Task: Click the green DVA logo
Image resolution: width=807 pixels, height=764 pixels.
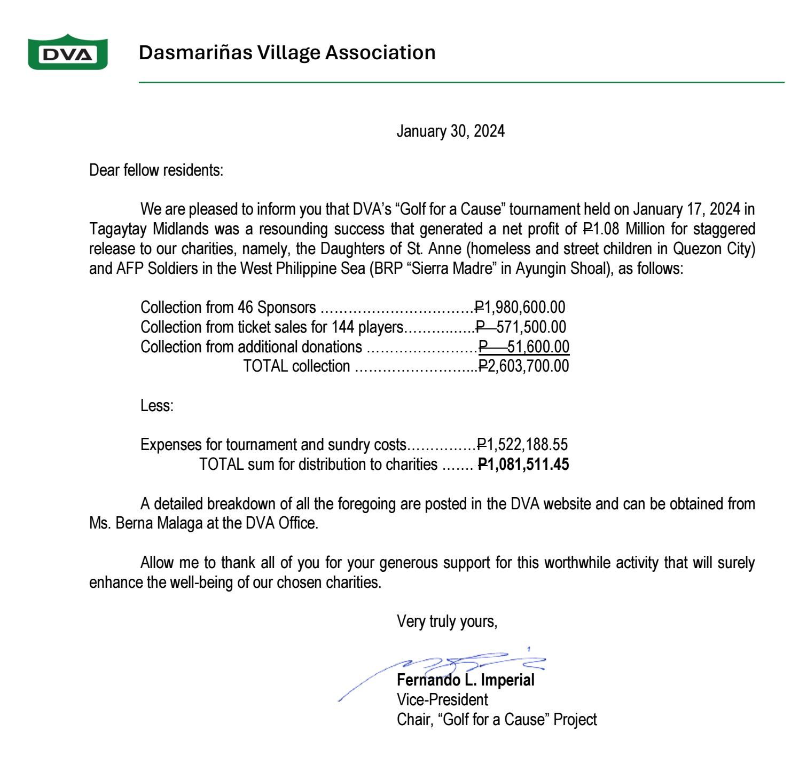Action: [x=68, y=52]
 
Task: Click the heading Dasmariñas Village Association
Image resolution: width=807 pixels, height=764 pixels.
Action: [x=287, y=52]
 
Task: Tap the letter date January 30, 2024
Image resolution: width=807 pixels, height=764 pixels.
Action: [x=450, y=131]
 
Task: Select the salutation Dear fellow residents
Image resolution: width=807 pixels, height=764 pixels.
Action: [x=156, y=170]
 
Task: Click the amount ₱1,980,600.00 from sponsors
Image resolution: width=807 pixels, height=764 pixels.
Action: [x=520, y=308]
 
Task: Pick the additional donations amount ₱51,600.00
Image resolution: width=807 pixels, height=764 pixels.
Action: [x=524, y=346]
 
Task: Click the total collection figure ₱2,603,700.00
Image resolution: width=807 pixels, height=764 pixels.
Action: [x=523, y=366]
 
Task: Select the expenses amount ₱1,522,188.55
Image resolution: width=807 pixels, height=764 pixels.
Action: [x=522, y=445]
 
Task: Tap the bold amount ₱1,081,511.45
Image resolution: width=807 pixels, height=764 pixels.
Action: [x=523, y=464]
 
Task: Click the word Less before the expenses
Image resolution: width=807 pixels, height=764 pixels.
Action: [x=156, y=406]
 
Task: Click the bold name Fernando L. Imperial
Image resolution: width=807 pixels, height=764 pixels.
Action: [x=465, y=681]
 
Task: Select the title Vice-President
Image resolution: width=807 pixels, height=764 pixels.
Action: [x=442, y=699]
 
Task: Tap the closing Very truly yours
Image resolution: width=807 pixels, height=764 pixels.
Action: [x=447, y=621]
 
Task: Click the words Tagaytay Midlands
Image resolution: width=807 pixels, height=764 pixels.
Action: [x=148, y=230]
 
